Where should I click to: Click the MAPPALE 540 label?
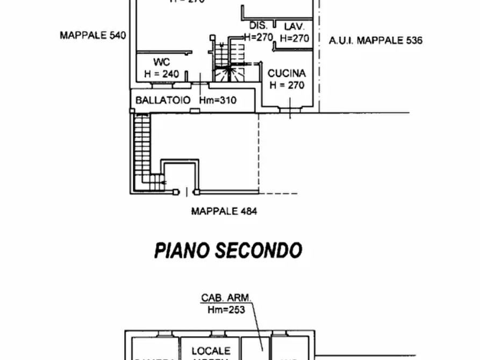(x=92, y=35)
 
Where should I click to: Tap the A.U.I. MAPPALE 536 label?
(x=376, y=40)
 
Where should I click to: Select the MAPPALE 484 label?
(x=224, y=211)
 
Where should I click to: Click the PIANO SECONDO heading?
(x=228, y=250)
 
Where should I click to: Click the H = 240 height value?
(x=161, y=74)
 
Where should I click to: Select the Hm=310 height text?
(x=218, y=100)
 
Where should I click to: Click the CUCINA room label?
(x=287, y=73)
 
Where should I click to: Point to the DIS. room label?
(x=258, y=26)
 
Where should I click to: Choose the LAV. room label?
(x=295, y=26)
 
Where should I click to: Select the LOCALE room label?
(x=211, y=350)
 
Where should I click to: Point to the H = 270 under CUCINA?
(x=287, y=85)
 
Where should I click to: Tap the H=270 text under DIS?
(x=259, y=38)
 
